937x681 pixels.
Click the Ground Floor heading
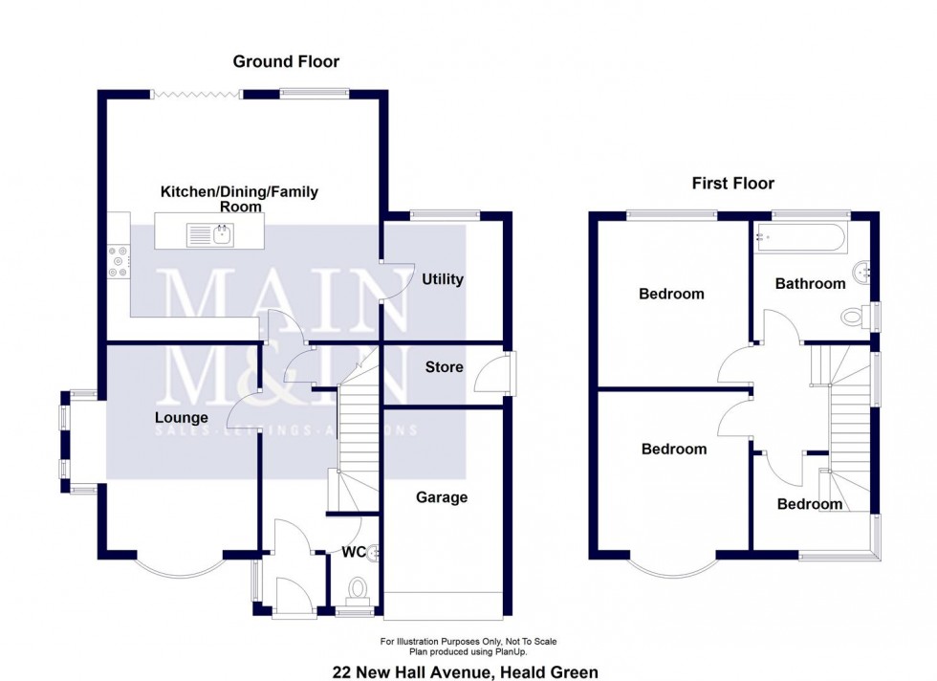pyautogui.click(x=286, y=62)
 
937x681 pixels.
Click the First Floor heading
pyautogui.click(x=733, y=184)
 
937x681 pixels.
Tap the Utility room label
pyautogui.click(x=442, y=279)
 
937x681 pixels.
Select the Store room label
pyautogui.click(x=444, y=367)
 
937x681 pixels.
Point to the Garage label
pyautogui.click(x=441, y=497)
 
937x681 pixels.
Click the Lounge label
pyautogui.click(x=182, y=418)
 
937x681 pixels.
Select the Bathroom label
pyautogui.click(x=810, y=283)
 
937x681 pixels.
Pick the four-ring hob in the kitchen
pyautogui.click(x=120, y=262)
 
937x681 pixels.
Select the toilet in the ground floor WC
pyautogui.click(x=358, y=587)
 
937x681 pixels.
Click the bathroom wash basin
pyautogui.click(x=866, y=272)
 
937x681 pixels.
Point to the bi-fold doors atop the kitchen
pyautogui.click(x=196, y=94)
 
